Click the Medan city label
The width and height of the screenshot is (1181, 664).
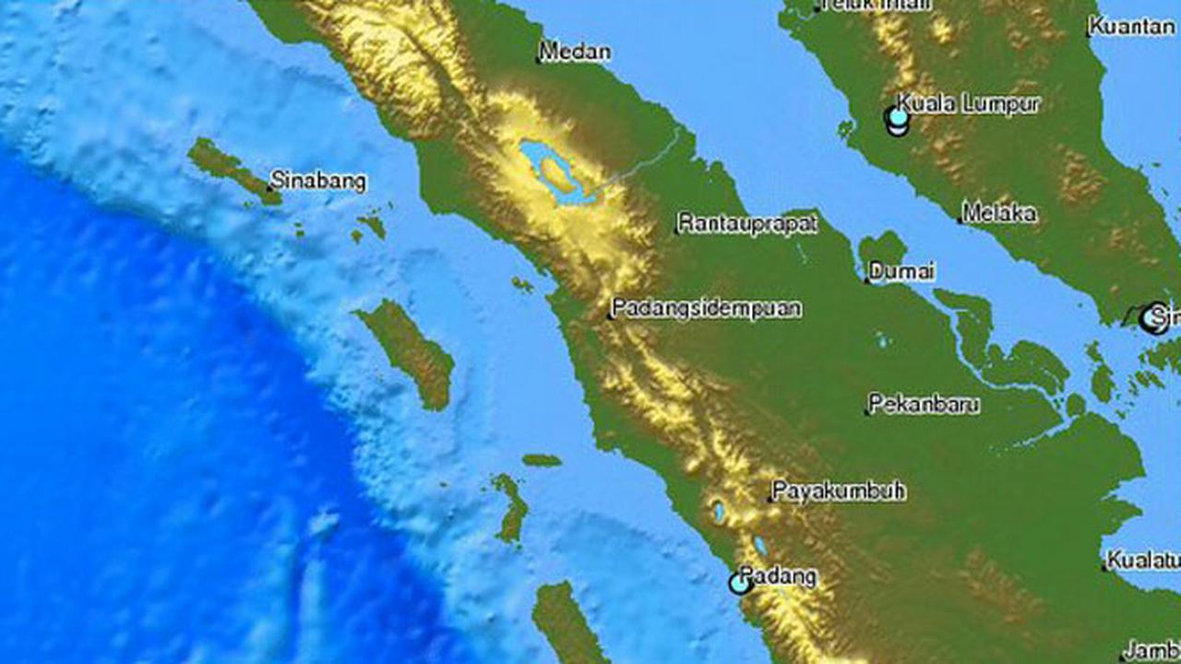tap(575, 52)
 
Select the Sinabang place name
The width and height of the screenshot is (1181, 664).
tap(318, 181)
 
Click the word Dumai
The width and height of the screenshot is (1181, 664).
tap(902, 271)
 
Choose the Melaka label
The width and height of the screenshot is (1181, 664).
tap(999, 213)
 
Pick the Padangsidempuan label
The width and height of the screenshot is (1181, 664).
tap(706, 309)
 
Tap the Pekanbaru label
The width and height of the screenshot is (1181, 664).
tap(925, 404)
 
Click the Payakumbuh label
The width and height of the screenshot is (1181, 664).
tap(838, 491)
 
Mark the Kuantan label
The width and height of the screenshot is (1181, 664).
tap(1133, 27)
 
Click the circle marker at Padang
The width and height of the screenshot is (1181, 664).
tap(739, 583)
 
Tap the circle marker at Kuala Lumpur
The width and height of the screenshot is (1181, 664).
tap(896, 118)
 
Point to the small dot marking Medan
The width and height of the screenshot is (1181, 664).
tap(539, 62)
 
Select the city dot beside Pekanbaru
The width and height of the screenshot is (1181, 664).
tap(868, 411)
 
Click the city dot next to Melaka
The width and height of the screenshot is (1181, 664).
tap(960, 220)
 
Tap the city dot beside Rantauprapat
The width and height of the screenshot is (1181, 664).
tap(676, 231)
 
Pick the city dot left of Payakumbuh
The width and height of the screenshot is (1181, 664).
tap(770, 499)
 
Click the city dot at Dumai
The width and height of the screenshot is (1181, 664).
tap(867, 279)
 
